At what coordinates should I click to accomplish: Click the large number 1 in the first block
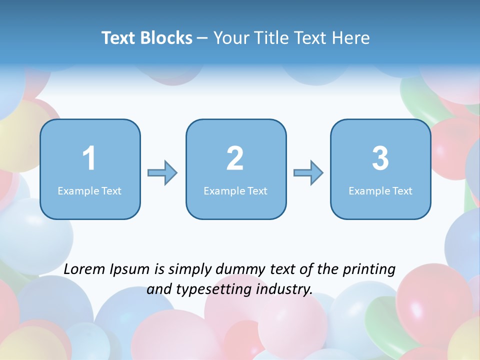89,158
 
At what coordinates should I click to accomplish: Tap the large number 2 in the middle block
235,158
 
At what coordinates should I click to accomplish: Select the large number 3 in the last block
380,158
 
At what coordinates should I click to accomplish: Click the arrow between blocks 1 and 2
162,173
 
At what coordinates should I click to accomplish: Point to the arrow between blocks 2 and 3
308,173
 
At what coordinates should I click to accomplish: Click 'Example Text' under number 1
89,190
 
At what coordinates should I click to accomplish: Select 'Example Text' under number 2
235,190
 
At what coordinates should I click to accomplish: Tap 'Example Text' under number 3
380,190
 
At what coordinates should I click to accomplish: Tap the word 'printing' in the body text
368,270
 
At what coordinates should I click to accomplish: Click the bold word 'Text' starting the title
118,38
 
